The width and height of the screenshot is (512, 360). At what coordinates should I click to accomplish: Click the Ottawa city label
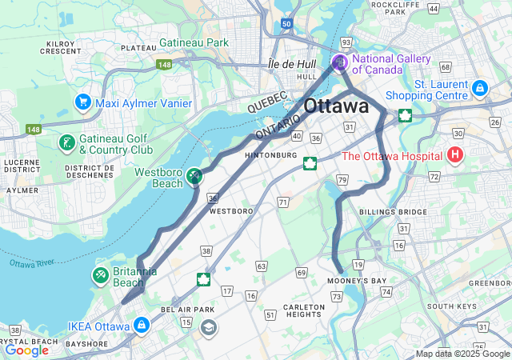point(336,106)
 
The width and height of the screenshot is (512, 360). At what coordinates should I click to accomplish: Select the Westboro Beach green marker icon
point(194,175)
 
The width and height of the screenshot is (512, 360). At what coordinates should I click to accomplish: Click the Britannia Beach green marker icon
point(101,276)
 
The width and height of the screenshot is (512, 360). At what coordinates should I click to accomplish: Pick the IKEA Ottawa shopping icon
point(142,326)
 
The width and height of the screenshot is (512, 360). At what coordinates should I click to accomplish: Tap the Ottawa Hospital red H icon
point(455,154)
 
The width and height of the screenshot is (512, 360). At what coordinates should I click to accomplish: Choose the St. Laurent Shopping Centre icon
point(479,87)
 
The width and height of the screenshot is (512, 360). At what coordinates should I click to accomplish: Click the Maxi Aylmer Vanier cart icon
point(82,102)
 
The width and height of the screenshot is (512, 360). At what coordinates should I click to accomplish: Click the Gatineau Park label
point(194,42)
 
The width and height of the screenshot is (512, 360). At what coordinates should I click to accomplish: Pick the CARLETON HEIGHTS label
point(304,311)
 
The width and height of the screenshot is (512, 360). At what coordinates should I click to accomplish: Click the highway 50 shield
point(286,25)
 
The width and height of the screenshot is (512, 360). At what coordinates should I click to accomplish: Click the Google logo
point(26,350)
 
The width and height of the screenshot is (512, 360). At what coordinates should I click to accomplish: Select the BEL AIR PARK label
point(188,309)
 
